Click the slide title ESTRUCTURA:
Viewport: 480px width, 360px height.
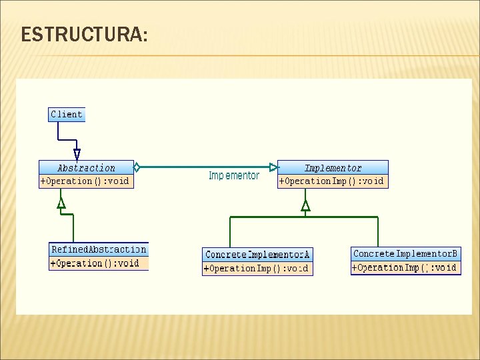coord(84,34)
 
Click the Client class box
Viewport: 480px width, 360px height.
coord(67,114)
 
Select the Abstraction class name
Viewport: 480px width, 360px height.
coord(86,168)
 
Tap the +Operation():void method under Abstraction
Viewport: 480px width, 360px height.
coord(85,181)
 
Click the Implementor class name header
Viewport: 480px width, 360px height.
coord(333,168)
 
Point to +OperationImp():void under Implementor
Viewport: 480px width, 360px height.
coord(332,181)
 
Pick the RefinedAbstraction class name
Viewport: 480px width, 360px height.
coord(99,249)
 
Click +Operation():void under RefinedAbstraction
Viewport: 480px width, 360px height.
coord(95,263)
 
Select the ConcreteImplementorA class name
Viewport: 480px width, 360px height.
coord(257,255)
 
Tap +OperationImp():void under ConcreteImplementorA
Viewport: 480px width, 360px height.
coord(257,269)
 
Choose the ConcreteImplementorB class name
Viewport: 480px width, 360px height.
coord(405,254)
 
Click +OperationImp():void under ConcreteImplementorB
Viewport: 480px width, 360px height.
coord(405,268)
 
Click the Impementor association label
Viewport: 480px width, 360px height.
coord(234,176)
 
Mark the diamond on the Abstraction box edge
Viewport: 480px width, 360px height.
coord(137,167)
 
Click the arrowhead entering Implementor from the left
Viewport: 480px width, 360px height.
coord(273,167)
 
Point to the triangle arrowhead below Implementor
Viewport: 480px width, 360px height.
coord(305,206)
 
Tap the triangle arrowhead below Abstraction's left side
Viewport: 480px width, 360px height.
coord(61,203)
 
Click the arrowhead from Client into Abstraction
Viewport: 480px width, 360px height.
coord(77,155)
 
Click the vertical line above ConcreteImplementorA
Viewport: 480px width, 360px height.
coord(230,233)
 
